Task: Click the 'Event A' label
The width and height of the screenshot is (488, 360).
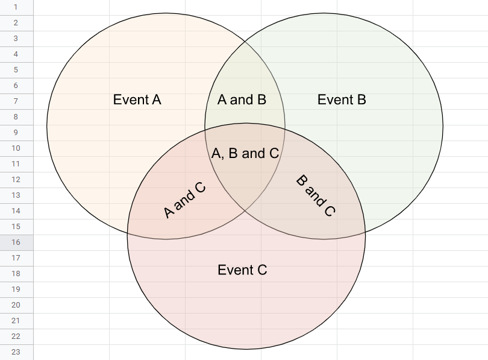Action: (x=137, y=99)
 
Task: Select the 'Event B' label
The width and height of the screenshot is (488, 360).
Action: (x=342, y=99)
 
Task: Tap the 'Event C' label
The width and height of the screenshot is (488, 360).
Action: (x=242, y=270)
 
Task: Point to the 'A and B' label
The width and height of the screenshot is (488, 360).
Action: (x=242, y=99)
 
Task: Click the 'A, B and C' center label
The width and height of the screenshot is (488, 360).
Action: (x=245, y=153)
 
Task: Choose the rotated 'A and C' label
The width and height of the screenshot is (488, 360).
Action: (x=185, y=200)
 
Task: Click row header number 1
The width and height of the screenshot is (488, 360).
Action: (x=16, y=7)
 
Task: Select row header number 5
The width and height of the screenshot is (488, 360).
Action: (x=16, y=70)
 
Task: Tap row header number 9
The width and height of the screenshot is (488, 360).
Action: (x=16, y=133)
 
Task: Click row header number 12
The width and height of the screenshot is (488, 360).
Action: (x=16, y=180)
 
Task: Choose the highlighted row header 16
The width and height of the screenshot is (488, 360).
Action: (x=16, y=242)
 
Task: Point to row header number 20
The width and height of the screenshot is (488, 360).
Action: (x=16, y=305)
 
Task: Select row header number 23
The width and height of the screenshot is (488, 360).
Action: (x=16, y=352)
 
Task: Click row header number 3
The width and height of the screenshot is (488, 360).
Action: (x=16, y=39)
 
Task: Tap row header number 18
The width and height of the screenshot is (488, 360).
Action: (x=16, y=274)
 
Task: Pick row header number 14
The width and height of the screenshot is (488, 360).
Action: (x=16, y=211)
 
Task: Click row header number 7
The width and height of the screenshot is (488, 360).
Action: (x=16, y=101)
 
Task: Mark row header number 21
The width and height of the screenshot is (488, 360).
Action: (x=16, y=321)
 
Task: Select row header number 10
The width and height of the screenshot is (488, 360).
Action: (x=16, y=148)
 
